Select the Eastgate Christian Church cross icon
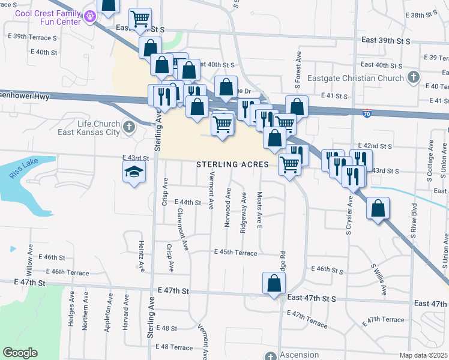[x=413, y=77]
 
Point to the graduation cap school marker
[x=134, y=173]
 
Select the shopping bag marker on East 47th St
[x=273, y=283]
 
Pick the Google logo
[x=20, y=352]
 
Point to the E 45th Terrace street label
[x=235, y=253]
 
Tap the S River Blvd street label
[x=414, y=222]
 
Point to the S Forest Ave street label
[x=297, y=68]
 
